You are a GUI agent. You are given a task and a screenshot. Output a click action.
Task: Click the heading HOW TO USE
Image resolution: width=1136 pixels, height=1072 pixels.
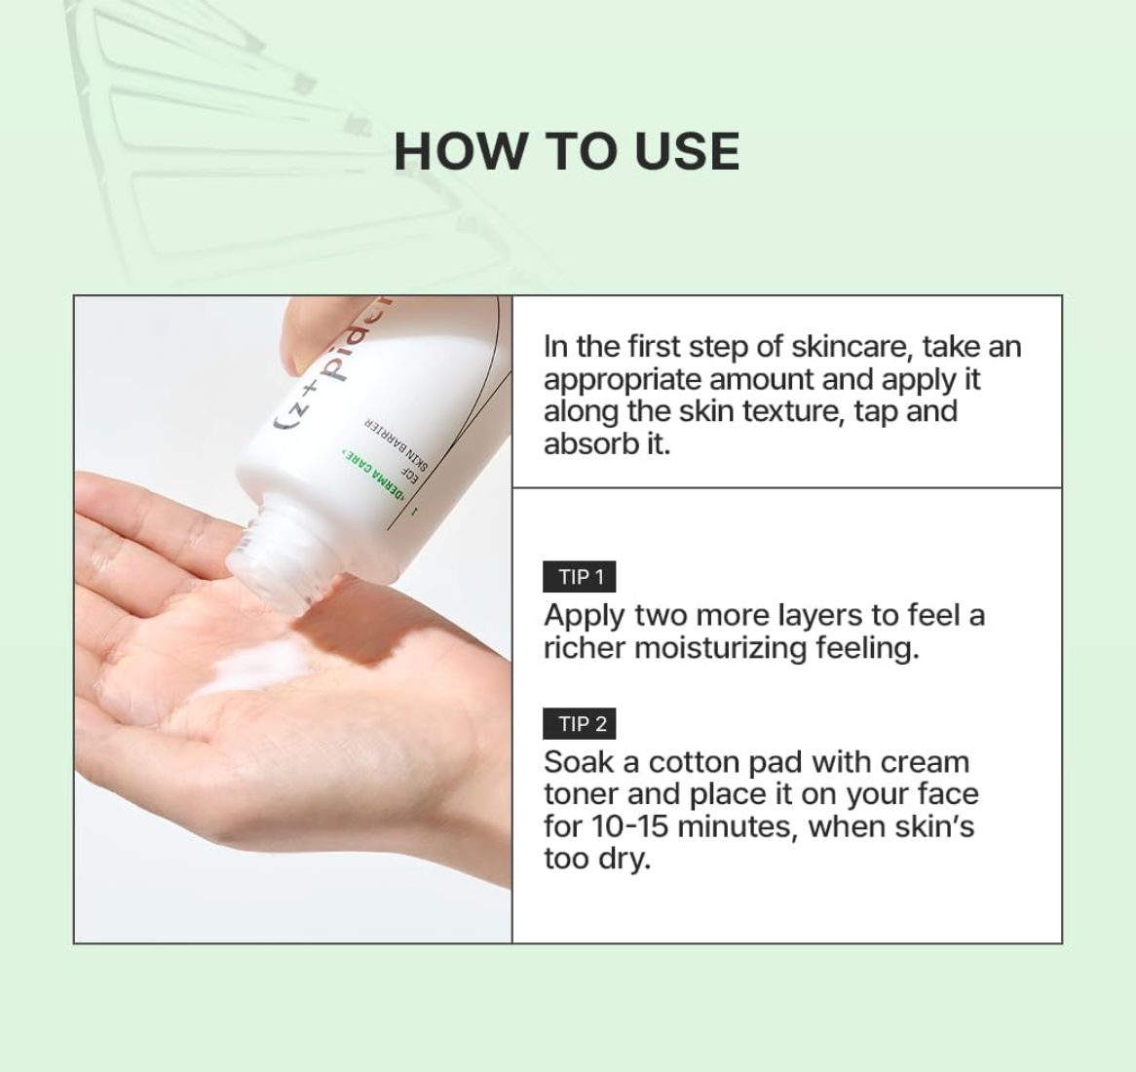pos(566,152)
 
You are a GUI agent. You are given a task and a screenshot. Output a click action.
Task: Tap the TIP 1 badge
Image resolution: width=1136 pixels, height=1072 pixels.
pos(580,577)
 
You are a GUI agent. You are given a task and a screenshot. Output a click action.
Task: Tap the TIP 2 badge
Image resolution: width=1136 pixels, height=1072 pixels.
pos(580,724)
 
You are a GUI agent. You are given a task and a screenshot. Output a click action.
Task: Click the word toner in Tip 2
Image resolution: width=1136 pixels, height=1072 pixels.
pos(581,794)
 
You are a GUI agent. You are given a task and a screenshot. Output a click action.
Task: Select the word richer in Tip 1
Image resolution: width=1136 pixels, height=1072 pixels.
pos(585,648)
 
